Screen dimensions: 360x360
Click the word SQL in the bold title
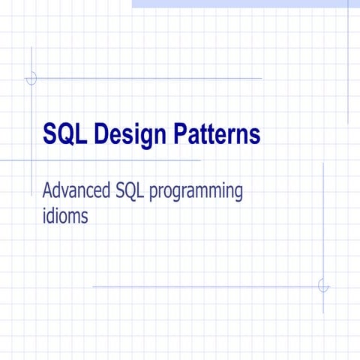[x=64, y=134]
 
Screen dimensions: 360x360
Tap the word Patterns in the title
[x=217, y=134]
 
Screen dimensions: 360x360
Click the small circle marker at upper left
[x=31, y=78]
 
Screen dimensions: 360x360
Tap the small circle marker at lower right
[x=323, y=286]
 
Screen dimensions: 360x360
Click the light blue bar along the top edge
[x=240, y=4]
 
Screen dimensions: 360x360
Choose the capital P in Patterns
[x=182, y=134]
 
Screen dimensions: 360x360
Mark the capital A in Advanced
[x=47, y=191]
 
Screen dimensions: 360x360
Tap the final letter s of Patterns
[x=255, y=136]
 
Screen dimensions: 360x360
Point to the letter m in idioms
[x=79, y=217]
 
